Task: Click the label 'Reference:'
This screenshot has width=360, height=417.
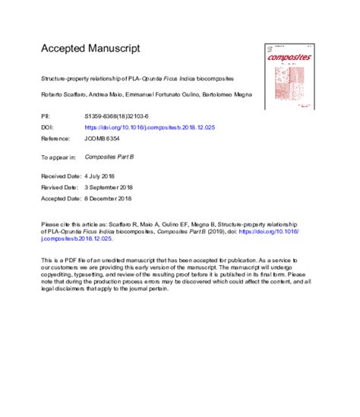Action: pos(57,140)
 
